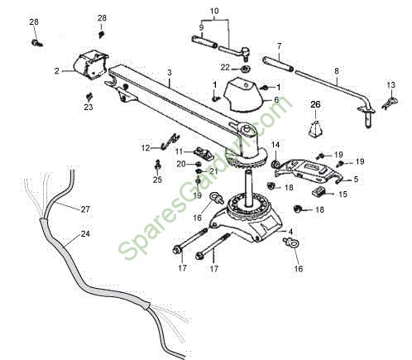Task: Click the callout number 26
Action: pyautogui.click(x=315, y=104)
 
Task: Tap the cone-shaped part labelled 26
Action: pyautogui.click(x=315, y=128)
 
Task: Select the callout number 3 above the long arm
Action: pyautogui.click(x=170, y=73)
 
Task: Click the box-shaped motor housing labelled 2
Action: pyautogui.click(x=90, y=65)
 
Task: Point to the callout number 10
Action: pyautogui.click(x=214, y=11)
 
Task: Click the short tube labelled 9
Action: pyautogui.click(x=204, y=41)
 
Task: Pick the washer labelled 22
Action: pyautogui.click(x=245, y=69)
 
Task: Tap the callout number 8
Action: pyautogui.click(x=337, y=71)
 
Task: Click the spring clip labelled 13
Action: pyautogui.click(x=390, y=102)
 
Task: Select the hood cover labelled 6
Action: pyautogui.click(x=242, y=95)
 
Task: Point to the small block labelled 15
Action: pyautogui.click(x=319, y=192)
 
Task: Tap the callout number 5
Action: pyautogui.click(x=356, y=180)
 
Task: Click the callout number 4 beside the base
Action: pyautogui.click(x=290, y=231)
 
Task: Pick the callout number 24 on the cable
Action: pyautogui.click(x=85, y=233)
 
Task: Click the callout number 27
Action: pyautogui.click(x=85, y=209)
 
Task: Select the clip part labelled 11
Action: pyautogui.click(x=204, y=153)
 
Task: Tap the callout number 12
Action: pyautogui.click(x=146, y=148)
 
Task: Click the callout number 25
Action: pyautogui.click(x=157, y=180)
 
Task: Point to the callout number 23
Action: pyautogui.click(x=89, y=107)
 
